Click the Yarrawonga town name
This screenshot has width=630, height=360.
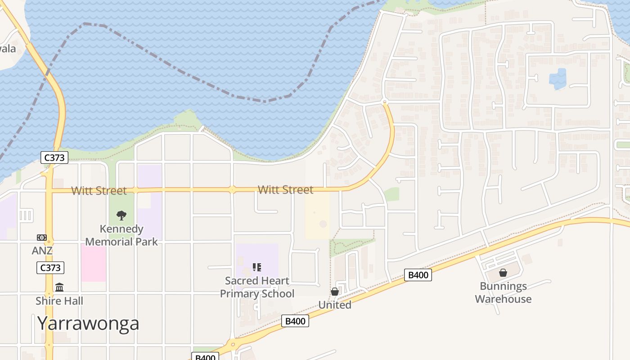(88, 323)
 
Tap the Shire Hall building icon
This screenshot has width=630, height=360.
(59, 287)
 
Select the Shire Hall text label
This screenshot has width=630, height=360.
(59, 301)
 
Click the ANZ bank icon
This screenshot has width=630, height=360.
(42, 237)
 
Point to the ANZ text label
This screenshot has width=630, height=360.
(42, 251)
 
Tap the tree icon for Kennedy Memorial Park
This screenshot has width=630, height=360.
(121, 216)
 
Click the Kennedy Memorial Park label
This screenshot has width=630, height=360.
(121, 235)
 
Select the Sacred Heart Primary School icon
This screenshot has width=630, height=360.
(257, 267)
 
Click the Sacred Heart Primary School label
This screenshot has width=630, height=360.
(257, 287)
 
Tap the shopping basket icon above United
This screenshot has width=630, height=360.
(335, 292)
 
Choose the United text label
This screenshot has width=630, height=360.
(335, 305)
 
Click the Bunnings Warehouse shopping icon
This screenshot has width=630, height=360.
(503, 273)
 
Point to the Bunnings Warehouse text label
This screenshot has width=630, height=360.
(503, 292)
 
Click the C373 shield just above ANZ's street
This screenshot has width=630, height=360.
(50, 268)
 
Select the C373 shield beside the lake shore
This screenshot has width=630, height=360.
(54, 157)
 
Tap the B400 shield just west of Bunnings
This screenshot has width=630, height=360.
(418, 275)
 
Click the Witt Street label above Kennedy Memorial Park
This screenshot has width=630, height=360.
(99, 191)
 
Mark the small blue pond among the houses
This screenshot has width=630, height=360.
(558, 79)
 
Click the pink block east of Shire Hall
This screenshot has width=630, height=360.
(94, 263)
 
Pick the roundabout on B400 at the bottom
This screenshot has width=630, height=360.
(232, 345)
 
